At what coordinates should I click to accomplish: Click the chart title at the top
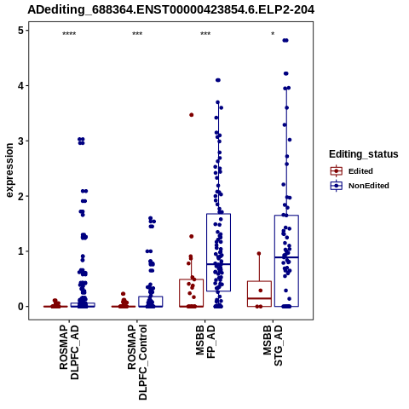[171, 10]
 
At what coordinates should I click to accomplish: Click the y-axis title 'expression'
[9, 170]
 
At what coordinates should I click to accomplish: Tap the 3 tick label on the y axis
[20, 141]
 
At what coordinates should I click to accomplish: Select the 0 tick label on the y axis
[20, 307]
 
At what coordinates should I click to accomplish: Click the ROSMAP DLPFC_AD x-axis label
[69, 352]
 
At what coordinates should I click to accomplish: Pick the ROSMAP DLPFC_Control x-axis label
[137, 362]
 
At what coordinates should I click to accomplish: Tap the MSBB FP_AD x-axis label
[205, 342]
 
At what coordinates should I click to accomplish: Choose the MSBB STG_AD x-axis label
[273, 345]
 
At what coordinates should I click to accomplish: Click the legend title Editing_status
[364, 154]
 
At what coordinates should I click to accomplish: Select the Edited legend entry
[352, 171]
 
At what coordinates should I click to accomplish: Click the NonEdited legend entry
[360, 186]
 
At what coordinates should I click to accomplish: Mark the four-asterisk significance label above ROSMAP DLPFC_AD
[69, 34]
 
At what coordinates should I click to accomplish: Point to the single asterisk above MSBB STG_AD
[273, 34]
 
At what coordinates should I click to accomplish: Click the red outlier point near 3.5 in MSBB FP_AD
[192, 115]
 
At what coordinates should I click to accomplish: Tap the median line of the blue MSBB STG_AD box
[286, 257]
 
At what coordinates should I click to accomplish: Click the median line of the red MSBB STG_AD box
[259, 298]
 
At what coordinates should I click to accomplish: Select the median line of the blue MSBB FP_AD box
[218, 264]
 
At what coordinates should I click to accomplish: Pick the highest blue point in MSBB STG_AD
[285, 40]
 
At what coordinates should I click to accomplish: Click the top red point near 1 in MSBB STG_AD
[259, 254]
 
